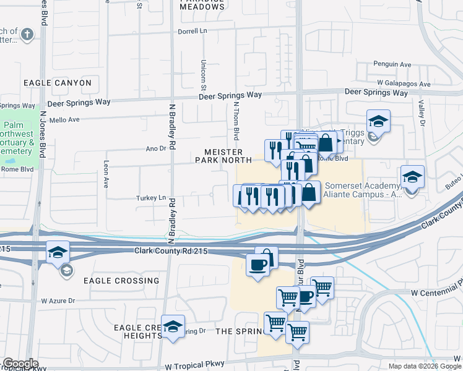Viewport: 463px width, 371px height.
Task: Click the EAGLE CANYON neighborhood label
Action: click(x=58, y=83)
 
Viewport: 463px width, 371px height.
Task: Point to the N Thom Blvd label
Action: click(x=236, y=121)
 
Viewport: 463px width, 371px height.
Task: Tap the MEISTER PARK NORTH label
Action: click(x=223, y=156)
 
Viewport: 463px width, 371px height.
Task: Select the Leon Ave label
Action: click(x=106, y=176)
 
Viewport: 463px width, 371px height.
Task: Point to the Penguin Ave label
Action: click(x=392, y=64)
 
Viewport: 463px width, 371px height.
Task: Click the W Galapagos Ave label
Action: click(x=404, y=83)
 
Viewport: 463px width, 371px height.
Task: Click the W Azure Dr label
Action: click(x=58, y=301)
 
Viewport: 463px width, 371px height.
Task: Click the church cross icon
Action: click(x=26, y=35)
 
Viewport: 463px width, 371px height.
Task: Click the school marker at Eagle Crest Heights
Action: click(x=173, y=326)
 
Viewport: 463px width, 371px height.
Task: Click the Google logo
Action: click(x=20, y=364)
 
